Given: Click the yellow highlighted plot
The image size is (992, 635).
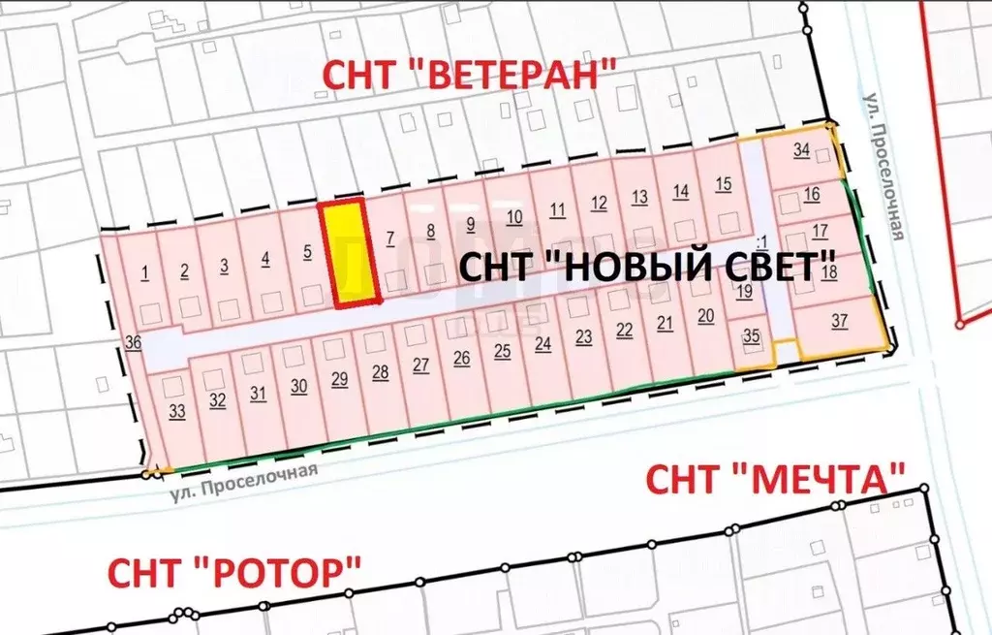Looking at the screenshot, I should (346, 252).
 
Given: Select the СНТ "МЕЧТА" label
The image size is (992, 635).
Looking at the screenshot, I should (776, 478).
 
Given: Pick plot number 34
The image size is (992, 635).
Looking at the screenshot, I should (801, 150).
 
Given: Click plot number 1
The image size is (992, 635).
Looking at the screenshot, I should (144, 270).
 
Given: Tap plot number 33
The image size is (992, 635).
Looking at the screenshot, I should (176, 411).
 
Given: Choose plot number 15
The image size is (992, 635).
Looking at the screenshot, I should (723, 184).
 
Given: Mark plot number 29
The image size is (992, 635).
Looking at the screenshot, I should (339, 378).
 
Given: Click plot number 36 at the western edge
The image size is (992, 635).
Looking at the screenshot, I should (133, 341).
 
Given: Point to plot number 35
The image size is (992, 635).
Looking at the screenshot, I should (752, 336).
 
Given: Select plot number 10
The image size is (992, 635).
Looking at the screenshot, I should (514, 216).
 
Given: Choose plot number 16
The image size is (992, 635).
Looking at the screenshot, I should (812, 194).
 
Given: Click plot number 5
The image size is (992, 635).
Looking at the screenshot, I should (307, 252).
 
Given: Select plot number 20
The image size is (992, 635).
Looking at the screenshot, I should (705, 315).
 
